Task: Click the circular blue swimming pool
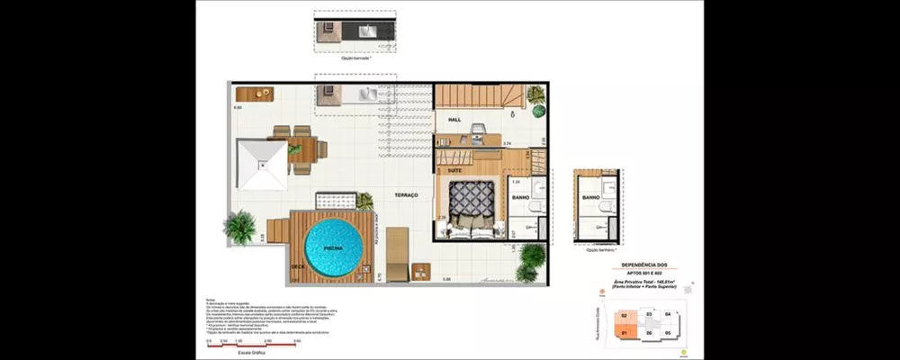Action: (329, 247)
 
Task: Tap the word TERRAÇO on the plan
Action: (406, 194)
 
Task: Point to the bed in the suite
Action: (472, 206)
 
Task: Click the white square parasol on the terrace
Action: (261, 165)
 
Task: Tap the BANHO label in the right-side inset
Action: (590, 196)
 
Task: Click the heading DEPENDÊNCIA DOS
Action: (647, 265)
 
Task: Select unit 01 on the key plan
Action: (623, 332)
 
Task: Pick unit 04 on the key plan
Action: (667, 313)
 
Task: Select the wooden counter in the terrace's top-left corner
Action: (254, 94)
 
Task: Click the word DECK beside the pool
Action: (296, 266)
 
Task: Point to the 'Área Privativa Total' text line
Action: (646, 282)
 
